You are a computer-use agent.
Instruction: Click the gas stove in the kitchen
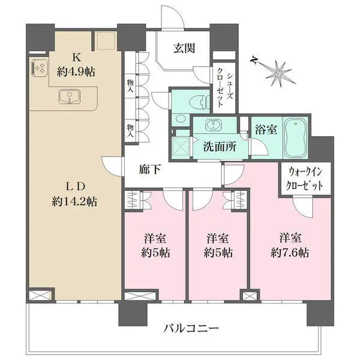40,69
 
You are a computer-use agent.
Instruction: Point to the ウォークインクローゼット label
305,178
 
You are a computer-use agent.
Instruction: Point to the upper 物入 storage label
130,86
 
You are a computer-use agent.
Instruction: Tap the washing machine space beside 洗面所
181,145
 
